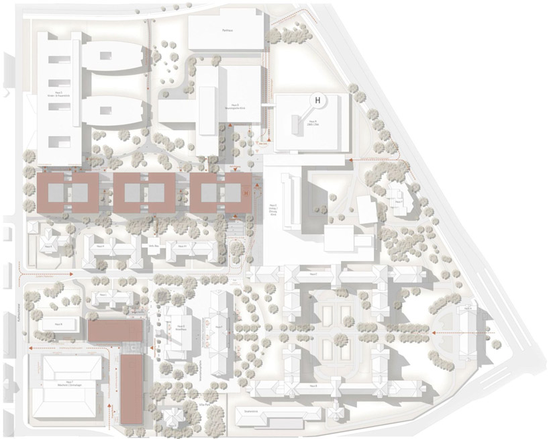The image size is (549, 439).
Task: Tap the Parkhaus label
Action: (x=226, y=31)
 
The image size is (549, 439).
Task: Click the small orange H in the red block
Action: (x=246, y=193)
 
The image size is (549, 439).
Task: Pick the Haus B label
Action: (x=313, y=387)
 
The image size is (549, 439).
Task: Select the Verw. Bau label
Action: (x=152, y=246)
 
